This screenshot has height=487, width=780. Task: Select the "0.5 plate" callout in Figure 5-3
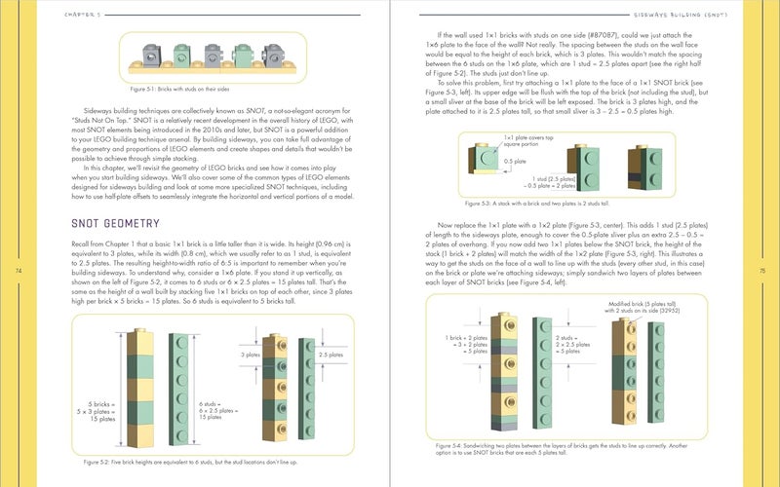(x=513, y=163)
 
